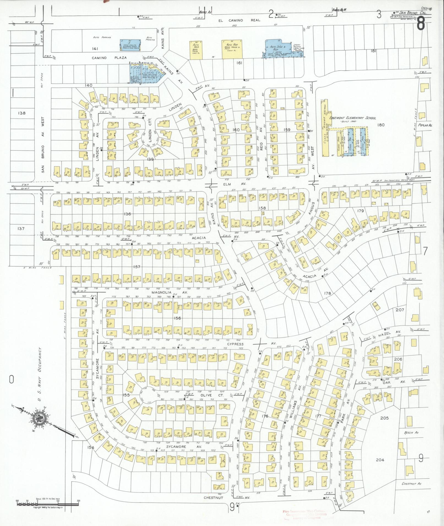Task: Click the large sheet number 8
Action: click(x=421, y=24)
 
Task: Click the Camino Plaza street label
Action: click(x=109, y=58)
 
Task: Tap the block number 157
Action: click(x=137, y=267)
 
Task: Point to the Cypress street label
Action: click(x=235, y=344)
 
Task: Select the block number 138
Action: click(x=21, y=113)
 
